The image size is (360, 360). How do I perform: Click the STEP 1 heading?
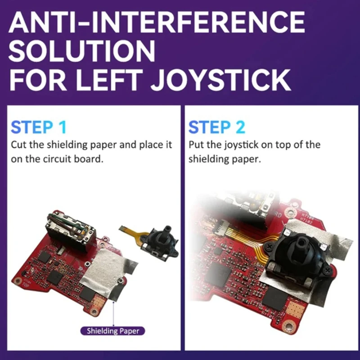[x=39, y=127]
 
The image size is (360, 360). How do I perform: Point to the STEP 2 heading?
[x=217, y=127]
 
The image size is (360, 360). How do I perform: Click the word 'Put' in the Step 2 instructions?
[x=195, y=145]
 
